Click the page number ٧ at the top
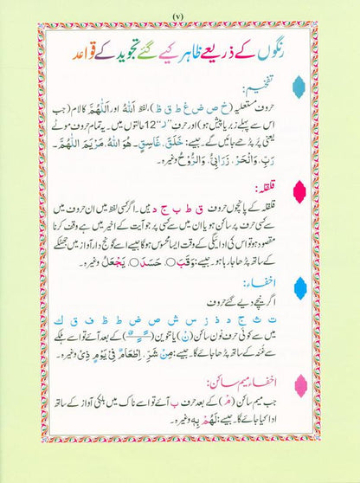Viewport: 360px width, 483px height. click(x=180, y=17)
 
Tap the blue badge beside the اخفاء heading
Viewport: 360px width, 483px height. click(x=324, y=286)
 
